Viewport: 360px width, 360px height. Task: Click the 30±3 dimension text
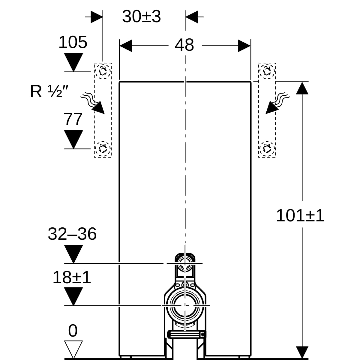pos(141,16)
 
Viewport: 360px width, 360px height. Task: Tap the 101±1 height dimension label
pos(300,216)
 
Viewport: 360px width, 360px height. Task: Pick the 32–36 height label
pos(72,234)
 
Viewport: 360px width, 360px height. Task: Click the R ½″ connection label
pos(49,91)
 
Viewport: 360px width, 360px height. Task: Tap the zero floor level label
pos(73,331)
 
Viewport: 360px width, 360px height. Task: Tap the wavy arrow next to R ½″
pos(93,103)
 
